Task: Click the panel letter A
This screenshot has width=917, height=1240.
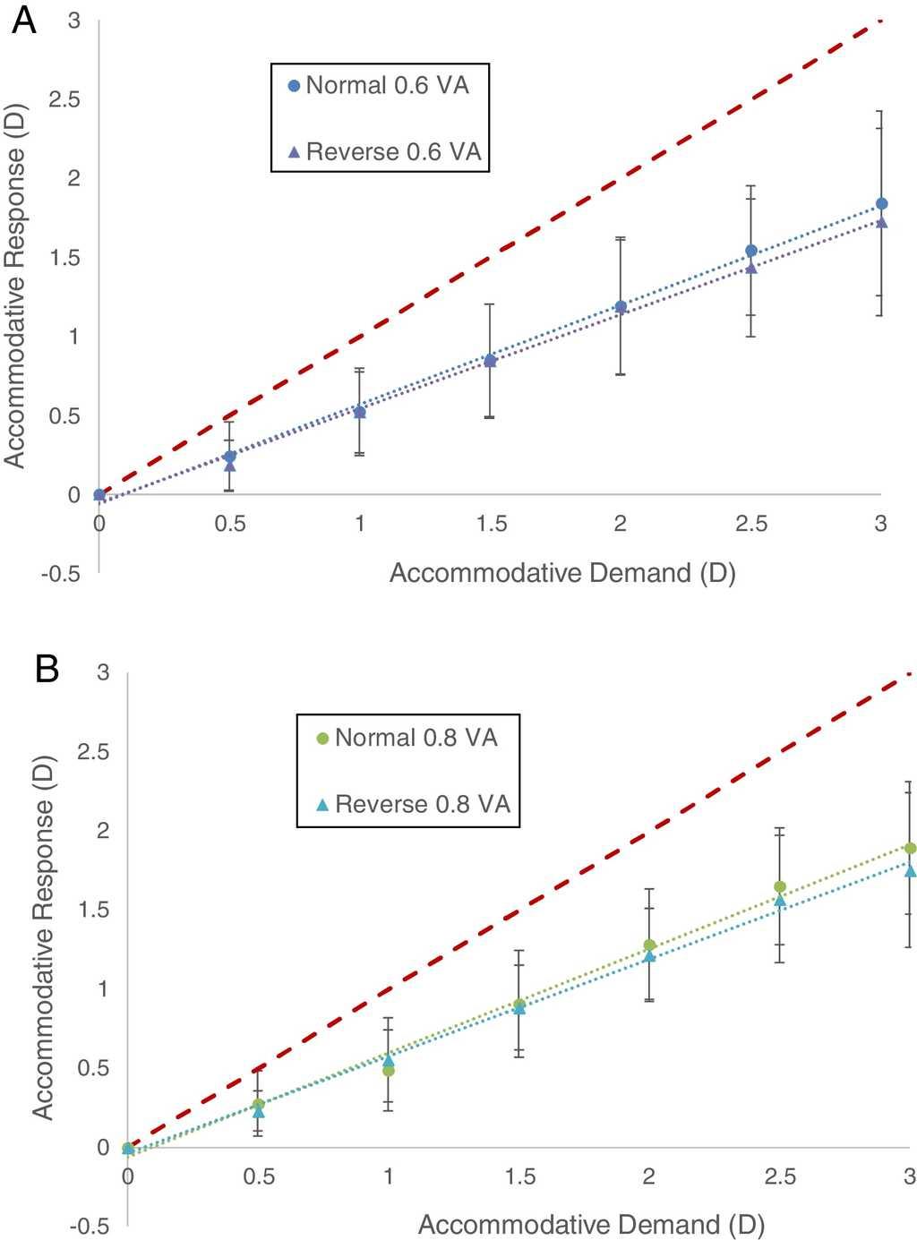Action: coord(24,20)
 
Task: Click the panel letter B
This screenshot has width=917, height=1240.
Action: coord(47,669)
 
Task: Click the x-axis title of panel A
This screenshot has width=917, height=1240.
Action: coord(561,573)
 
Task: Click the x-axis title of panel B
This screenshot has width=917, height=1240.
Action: coord(591,1224)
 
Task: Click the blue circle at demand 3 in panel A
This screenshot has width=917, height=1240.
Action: coord(881,204)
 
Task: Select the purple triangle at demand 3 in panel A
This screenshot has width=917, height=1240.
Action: coord(881,222)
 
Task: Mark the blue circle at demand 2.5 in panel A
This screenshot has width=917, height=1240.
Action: coord(751,251)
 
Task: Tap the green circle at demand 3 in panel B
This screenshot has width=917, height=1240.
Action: coord(910,848)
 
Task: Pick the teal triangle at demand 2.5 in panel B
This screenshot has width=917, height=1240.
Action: coord(780,901)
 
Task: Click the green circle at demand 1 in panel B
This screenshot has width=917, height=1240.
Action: coord(389,1071)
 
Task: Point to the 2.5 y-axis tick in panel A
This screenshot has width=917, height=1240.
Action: coord(64,99)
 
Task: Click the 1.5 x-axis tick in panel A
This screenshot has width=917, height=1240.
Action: coord(490,524)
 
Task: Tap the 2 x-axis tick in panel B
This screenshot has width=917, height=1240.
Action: coord(649,1176)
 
